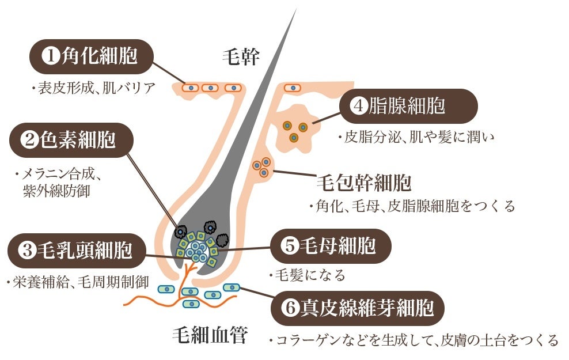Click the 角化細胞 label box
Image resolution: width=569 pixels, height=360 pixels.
point(92,56)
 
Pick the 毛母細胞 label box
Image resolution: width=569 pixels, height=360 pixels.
point(331,246)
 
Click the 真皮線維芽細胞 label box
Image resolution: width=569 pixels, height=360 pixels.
point(358,308)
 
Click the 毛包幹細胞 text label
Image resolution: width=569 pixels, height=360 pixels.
point(364,183)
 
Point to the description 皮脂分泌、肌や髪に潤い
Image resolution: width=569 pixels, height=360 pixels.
point(416,137)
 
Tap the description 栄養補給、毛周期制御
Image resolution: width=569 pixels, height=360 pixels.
point(76,283)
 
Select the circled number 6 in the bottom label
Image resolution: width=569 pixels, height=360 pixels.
point(289,309)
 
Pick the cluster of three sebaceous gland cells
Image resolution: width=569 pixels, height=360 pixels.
point(294,130)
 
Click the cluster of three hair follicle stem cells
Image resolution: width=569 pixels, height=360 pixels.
point(262,167)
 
